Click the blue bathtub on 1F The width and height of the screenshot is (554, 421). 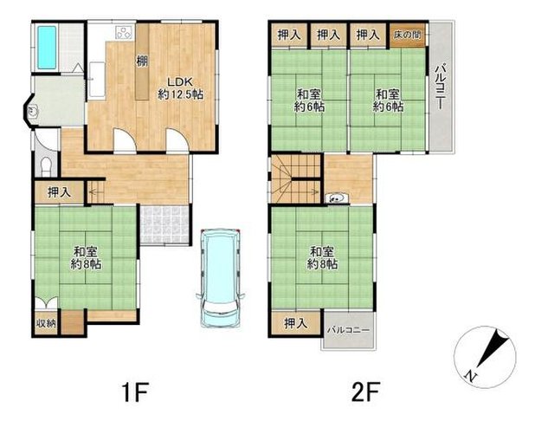point(47,48)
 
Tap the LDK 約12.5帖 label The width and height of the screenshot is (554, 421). point(180,88)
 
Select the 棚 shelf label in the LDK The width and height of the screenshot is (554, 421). point(142,62)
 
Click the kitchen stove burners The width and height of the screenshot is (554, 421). point(125,33)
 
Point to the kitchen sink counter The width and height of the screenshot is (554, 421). point(96,80)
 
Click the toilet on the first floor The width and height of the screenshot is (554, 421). point(46,165)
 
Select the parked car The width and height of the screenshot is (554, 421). point(220,278)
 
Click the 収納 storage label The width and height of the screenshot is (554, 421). point(47,323)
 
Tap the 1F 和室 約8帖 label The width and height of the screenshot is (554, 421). point(86,258)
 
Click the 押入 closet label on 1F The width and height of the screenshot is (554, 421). point(59,192)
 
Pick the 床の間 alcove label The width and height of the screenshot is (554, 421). point(408,36)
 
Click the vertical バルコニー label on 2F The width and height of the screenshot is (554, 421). point(440,87)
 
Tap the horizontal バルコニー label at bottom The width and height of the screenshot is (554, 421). point(348,330)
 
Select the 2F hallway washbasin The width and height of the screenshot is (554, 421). point(337,198)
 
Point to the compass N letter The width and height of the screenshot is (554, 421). point(470,376)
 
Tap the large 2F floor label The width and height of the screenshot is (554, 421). point(365,392)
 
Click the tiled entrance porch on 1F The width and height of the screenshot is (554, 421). point(164,225)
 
